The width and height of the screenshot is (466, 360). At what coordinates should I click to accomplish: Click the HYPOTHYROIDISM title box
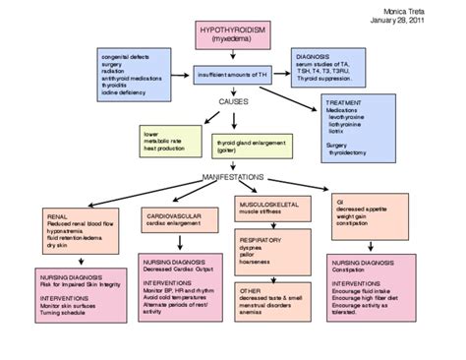[232, 38]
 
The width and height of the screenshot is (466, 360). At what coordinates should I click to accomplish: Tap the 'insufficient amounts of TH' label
[233, 74]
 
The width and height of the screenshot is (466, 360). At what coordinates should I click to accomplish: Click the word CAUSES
[233, 99]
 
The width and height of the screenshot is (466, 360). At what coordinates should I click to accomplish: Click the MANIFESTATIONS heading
[234, 177]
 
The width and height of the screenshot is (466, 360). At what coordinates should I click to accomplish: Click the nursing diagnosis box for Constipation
[379, 291]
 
